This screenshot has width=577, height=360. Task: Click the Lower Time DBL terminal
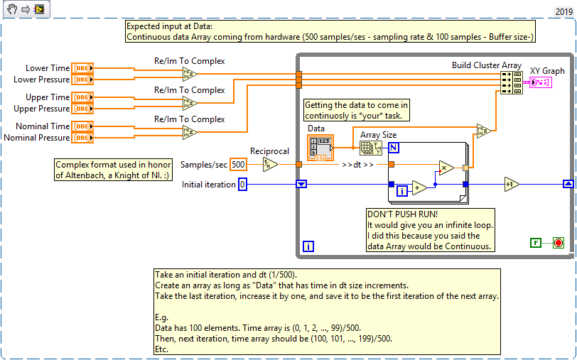click(x=82, y=68)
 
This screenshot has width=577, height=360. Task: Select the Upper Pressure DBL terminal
click(x=82, y=109)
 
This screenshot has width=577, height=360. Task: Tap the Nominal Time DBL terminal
click(x=82, y=126)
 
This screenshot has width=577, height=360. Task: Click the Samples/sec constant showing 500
click(x=238, y=165)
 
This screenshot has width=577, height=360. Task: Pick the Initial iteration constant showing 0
click(x=242, y=185)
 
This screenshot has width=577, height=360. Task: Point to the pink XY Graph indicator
click(x=541, y=82)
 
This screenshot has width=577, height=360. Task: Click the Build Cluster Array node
click(x=511, y=82)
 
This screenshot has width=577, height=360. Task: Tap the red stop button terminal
click(x=558, y=243)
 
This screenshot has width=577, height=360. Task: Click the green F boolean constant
click(x=536, y=243)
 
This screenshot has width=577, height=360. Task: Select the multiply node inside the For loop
click(x=446, y=168)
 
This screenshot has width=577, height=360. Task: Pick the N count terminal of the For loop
click(x=393, y=147)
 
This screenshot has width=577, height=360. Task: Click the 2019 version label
click(x=563, y=12)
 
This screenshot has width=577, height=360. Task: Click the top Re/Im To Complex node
click(x=190, y=74)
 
